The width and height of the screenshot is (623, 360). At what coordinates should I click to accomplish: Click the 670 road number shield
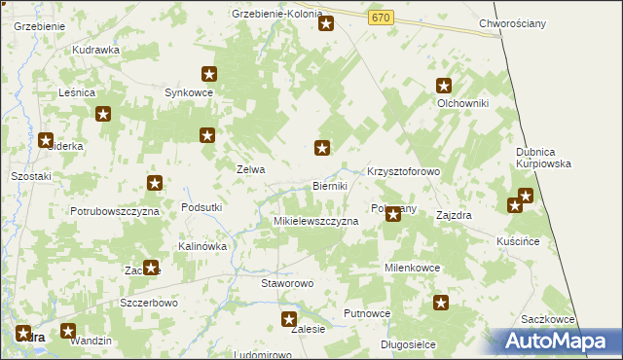coord(381,18)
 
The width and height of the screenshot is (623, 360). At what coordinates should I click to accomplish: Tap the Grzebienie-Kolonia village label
coord(277,14)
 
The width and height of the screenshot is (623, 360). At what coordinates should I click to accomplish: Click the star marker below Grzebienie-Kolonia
coord(326,23)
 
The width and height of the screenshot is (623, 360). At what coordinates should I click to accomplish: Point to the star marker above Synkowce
coord(208,73)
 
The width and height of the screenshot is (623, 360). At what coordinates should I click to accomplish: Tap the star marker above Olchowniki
coord(444,86)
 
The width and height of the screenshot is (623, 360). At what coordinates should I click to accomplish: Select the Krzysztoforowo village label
coord(404,171)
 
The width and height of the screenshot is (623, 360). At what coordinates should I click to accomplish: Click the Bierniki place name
coord(330,186)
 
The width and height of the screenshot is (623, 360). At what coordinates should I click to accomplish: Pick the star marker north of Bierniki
coord(322,149)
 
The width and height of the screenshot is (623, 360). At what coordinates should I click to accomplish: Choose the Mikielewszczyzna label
coord(315,222)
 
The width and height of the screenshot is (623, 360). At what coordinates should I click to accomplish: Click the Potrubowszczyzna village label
coord(114,210)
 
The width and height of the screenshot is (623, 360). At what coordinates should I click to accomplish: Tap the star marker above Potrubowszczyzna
coord(154,183)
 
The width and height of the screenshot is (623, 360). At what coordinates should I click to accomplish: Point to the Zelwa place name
coord(251,168)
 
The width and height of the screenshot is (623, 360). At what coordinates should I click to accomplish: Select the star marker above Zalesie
coord(289,319)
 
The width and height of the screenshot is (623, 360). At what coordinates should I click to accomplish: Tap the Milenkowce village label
coord(413,268)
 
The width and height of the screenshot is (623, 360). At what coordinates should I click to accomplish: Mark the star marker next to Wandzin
coord(68,331)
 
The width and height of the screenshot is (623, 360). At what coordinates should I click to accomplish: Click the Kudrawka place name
coord(95,49)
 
